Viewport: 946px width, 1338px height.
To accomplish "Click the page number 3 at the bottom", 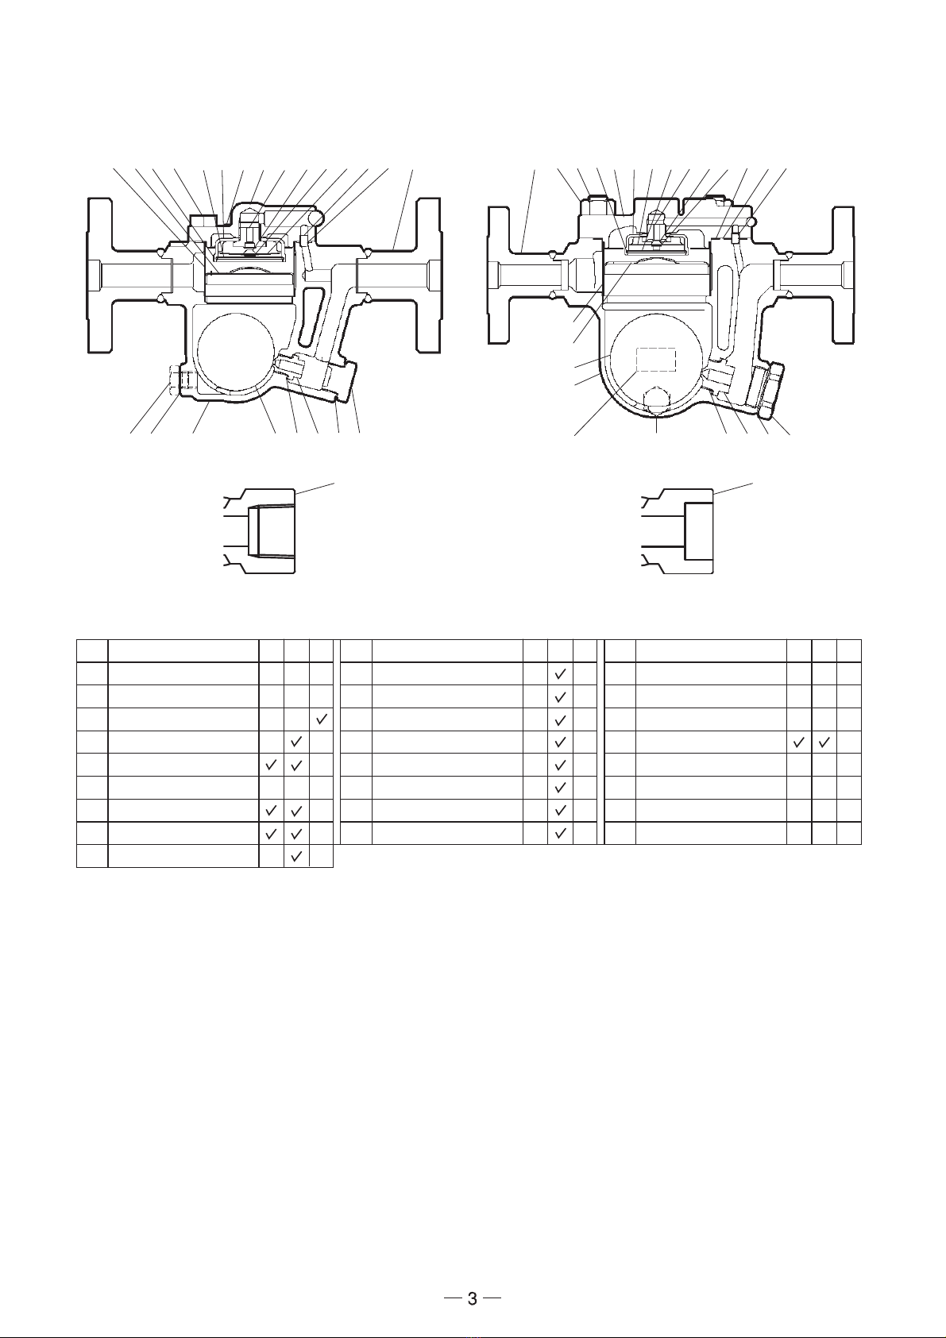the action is pos(473,1294).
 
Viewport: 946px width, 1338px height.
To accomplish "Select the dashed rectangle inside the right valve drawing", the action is pos(655,360).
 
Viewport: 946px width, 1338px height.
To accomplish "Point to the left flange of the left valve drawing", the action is pos(100,276).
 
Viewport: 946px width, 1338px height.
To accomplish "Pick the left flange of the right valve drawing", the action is pos(499,275).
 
